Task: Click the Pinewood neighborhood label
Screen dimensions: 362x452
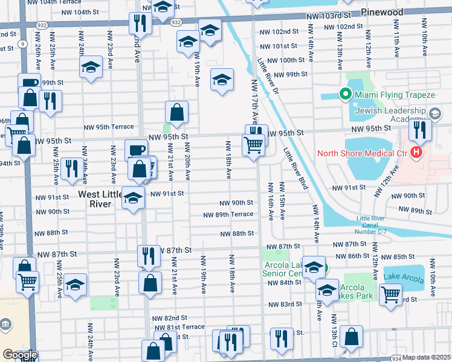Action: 383,12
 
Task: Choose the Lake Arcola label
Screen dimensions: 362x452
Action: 404,276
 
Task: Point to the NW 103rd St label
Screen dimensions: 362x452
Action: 329,14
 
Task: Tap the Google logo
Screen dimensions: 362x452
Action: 19,355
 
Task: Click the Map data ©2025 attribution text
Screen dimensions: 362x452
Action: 427,357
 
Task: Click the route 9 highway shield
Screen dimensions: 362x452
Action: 22,43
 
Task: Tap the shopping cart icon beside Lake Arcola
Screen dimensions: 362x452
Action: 390,294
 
